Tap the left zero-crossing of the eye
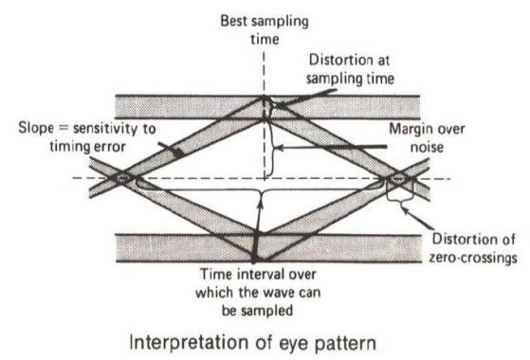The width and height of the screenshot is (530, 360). pos(122,177)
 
